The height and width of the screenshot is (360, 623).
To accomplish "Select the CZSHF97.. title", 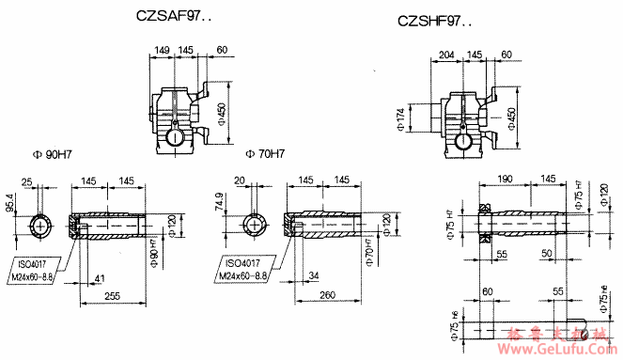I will (x=435, y=20).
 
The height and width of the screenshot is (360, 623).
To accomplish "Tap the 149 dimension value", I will (x=162, y=50).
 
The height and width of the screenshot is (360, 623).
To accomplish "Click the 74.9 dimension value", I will (x=221, y=204).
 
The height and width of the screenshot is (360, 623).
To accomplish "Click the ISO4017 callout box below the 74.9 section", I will (x=242, y=269).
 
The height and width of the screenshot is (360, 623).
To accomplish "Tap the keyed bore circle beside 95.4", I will (x=40, y=226).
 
